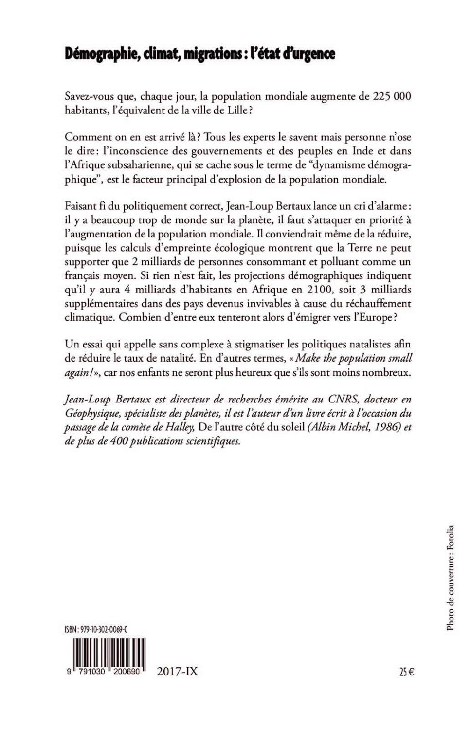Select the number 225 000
coord(392,96)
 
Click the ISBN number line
coord(96,629)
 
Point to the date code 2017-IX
coord(177,672)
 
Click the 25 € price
coord(406,673)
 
